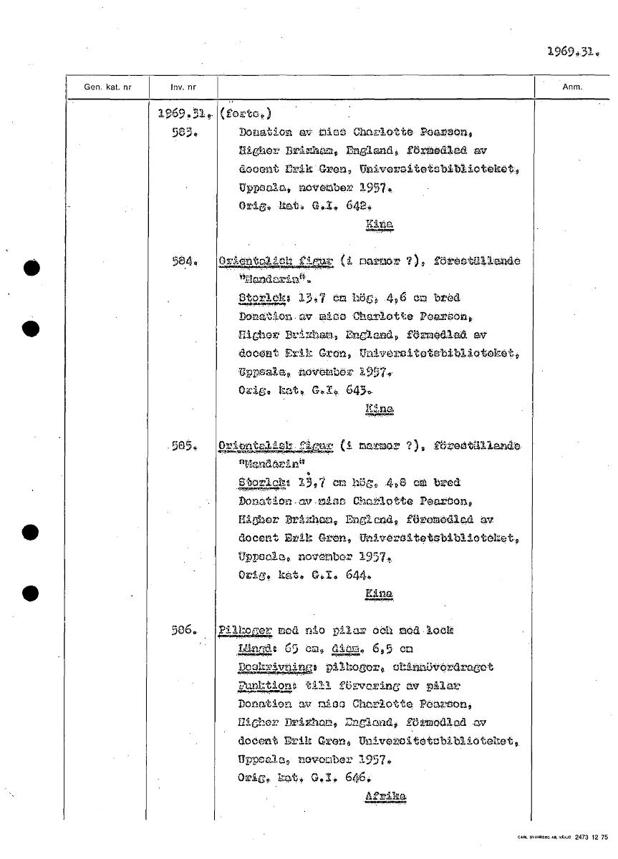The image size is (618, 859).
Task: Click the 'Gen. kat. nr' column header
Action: [x=107, y=87]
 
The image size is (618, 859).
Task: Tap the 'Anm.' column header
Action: [x=572, y=87]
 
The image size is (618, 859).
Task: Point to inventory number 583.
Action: [x=180, y=132]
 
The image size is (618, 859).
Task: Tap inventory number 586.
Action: [x=184, y=631]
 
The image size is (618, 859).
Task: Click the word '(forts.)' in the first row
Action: [x=246, y=114]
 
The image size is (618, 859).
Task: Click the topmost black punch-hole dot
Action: [x=29, y=268]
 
